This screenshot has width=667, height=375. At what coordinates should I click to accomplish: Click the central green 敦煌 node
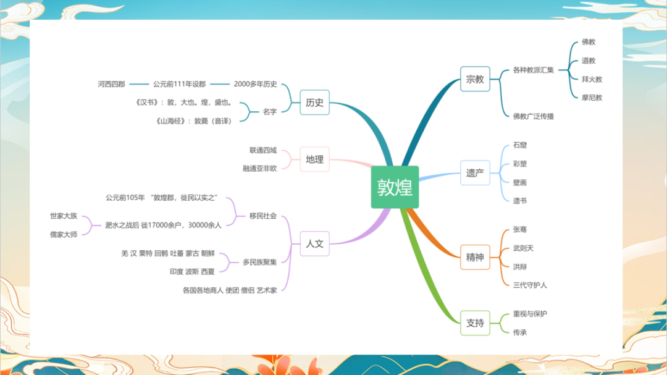pyautogui.click(x=395, y=187)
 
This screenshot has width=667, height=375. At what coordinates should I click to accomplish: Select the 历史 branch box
pyautogui.click(x=315, y=103)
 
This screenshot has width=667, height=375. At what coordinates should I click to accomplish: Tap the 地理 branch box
pyautogui.click(x=315, y=159)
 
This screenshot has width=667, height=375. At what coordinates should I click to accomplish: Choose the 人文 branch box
pyautogui.click(x=315, y=243)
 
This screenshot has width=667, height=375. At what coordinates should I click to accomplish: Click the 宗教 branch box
pyautogui.click(x=475, y=79)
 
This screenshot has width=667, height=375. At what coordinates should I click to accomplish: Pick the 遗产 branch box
pyautogui.click(x=475, y=173)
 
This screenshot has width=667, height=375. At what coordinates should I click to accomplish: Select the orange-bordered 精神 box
pyautogui.click(x=475, y=257)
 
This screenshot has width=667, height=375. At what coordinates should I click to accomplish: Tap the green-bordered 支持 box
pyautogui.click(x=475, y=323)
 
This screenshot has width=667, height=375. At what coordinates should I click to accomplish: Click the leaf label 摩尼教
pyautogui.click(x=592, y=98)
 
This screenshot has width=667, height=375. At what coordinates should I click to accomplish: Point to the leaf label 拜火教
pyautogui.click(x=592, y=79)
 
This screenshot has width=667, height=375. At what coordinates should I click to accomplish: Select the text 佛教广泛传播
pyautogui.click(x=534, y=117)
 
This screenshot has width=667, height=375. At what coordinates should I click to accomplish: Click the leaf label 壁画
pyautogui.click(x=520, y=183)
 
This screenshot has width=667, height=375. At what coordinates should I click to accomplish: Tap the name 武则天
pyautogui.click(x=523, y=248)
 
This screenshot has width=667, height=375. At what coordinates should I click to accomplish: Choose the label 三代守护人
pyautogui.click(x=530, y=285)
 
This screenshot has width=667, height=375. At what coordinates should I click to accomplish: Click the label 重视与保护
pyautogui.click(x=530, y=314)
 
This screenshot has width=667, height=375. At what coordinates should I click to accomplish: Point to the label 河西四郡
pyautogui.click(x=111, y=84)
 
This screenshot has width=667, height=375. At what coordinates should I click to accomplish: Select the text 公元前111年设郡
pyautogui.click(x=180, y=84)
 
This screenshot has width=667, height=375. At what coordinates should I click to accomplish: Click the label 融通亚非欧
pyautogui.click(x=260, y=169)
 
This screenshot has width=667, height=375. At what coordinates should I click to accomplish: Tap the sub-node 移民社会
pyautogui.click(x=263, y=216)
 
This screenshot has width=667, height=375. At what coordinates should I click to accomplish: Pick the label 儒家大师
pyautogui.click(x=64, y=235)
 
